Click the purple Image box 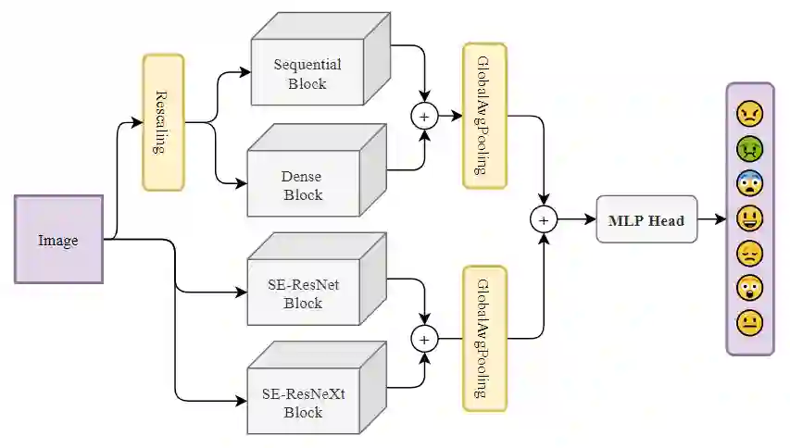click(58, 239)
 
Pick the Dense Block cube click(302, 184)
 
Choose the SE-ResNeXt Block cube click(303, 403)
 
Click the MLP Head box click(646, 220)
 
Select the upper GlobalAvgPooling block click(484, 115)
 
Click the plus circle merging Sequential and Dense click(425, 117)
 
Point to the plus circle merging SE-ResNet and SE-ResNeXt click(425, 339)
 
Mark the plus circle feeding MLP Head click(544, 220)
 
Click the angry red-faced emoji click(749, 114)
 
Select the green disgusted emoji click(749, 148)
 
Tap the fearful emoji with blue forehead click(749, 183)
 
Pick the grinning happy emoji click(749, 218)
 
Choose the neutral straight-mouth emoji click(749, 323)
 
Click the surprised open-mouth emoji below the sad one click(749, 288)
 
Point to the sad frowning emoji click(749, 253)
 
